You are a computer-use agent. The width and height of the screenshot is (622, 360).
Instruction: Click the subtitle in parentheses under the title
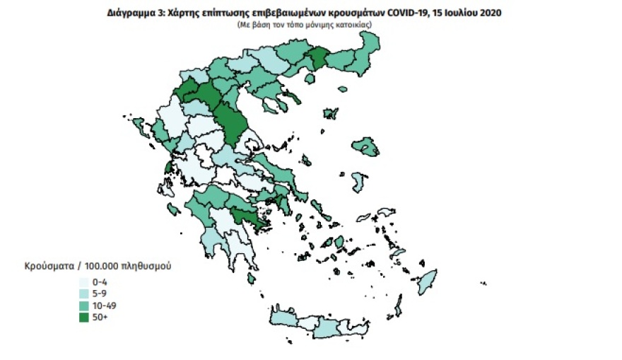[305, 24]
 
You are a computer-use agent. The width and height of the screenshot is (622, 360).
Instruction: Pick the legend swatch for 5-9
[83, 292]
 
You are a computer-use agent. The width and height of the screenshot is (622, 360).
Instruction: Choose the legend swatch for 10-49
[83, 304]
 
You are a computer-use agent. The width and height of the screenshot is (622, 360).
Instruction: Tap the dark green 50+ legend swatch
[83, 316]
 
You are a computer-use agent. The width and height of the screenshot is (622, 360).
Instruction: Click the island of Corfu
[139, 130]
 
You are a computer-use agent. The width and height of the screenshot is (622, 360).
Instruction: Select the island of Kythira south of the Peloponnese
[251, 279]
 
